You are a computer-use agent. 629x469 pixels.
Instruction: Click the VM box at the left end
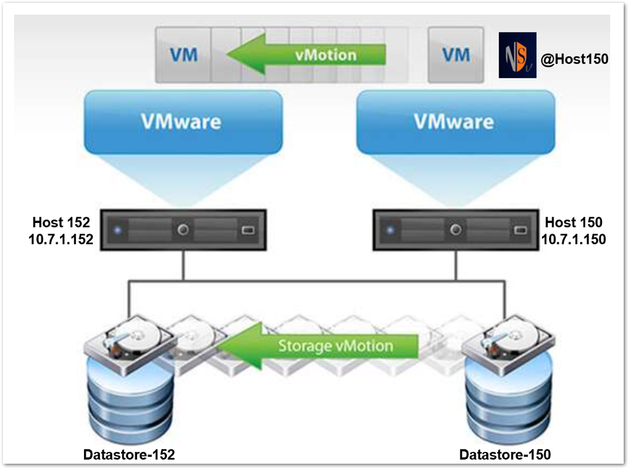(184, 55)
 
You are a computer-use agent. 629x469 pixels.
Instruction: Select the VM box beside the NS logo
(456, 55)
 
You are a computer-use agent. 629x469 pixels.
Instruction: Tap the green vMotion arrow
(306, 55)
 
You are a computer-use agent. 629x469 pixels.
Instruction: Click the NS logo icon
(517, 55)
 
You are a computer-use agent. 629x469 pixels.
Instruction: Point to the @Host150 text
(574, 59)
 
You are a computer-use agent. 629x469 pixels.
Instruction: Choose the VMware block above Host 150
(455, 121)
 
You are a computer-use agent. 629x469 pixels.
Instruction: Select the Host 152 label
(62, 222)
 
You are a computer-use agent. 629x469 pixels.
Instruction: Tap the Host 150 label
(573, 222)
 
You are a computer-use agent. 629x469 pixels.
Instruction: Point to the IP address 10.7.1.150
(573, 239)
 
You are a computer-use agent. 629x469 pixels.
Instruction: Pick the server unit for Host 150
(455, 230)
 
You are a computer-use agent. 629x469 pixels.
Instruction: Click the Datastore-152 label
(129, 454)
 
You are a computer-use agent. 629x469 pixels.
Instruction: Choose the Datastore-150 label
(504, 454)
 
